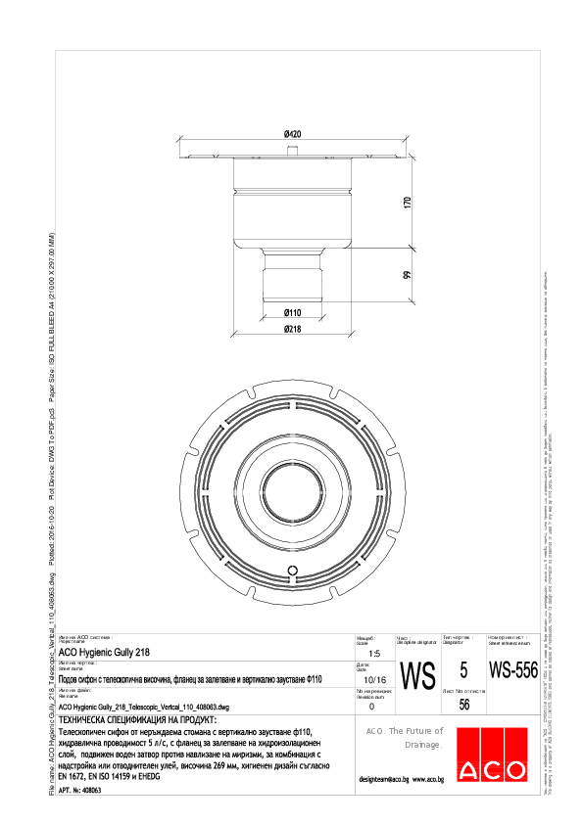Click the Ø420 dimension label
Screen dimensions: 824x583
(292, 133)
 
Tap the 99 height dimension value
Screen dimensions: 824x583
(406, 276)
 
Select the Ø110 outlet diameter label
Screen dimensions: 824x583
(292, 312)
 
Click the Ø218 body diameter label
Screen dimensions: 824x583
(292, 330)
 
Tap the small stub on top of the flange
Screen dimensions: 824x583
(292, 151)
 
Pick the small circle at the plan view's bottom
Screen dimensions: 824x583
(291, 571)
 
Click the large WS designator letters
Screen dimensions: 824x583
(418, 675)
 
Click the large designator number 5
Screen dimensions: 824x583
(463, 671)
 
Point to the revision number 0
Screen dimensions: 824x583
(370, 706)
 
